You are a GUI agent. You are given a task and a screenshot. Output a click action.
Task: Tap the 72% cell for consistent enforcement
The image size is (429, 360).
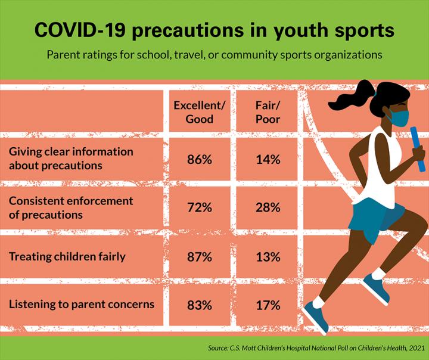coord(200,207)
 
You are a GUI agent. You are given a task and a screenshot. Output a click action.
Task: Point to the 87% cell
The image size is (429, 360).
coord(200,257)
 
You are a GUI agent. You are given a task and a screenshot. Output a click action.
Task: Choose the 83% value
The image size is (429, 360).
coord(200,305)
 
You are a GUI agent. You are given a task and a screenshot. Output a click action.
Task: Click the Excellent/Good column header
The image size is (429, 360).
coord(200,111)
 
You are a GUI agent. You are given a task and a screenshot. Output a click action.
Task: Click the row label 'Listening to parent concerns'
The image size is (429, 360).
coord(82,305)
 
